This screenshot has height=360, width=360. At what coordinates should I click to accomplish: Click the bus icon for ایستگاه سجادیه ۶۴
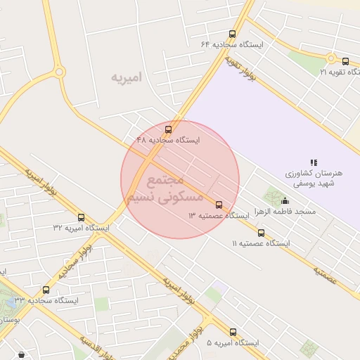click(x=232, y=34)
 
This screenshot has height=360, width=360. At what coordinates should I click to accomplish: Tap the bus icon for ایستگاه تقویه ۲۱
click(x=346, y=62)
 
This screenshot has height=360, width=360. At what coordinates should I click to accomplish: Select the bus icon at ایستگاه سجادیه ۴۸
click(x=167, y=129)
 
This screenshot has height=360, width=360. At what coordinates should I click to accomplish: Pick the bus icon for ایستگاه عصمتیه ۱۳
click(x=219, y=205)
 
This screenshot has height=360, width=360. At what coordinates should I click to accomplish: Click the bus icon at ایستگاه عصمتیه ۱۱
click(x=262, y=233)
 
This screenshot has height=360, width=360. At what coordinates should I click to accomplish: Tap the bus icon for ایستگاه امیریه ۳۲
click(x=81, y=217)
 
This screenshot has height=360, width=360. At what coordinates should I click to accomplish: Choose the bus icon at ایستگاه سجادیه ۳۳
click(x=46, y=290)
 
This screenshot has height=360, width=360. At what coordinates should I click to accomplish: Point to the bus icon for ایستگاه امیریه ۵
click(x=233, y=332)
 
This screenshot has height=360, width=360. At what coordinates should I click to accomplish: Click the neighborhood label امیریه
click(x=127, y=77)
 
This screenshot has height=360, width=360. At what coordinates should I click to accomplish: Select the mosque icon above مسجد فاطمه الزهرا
click(x=285, y=201)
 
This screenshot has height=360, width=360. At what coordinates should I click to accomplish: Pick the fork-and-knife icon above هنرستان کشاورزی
click(x=314, y=162)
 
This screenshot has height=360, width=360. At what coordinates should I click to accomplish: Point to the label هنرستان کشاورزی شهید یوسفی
click(x=314, y=177)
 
